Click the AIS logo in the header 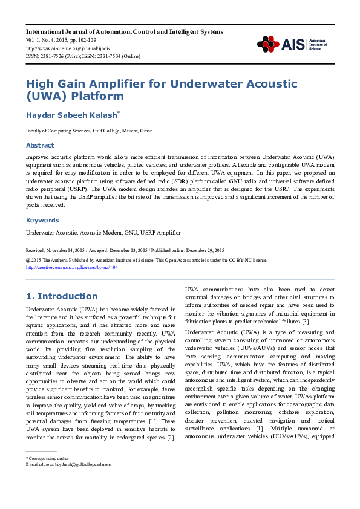coord(279,44)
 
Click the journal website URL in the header coord(61,48)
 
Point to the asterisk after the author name coord(119,112)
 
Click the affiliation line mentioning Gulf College coord(89,131)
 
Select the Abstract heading coord(39,145)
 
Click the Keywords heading coord(42,221)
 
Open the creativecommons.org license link coord(71,267)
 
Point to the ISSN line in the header coord(82,56)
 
